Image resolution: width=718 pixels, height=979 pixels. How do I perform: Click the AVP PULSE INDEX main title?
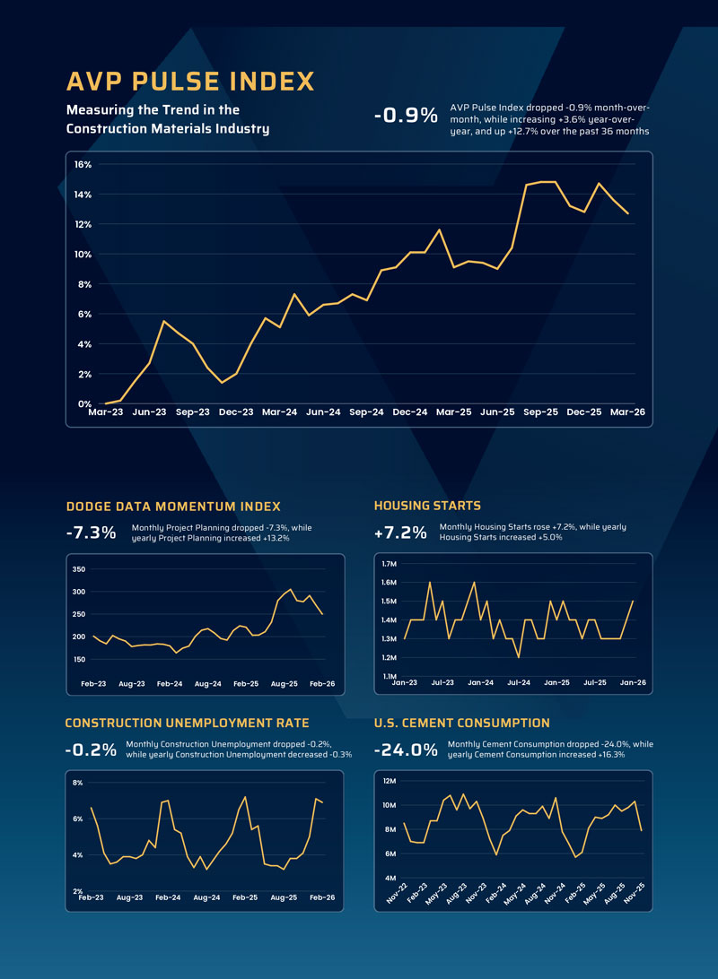point(190,82)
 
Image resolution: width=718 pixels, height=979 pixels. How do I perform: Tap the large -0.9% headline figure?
point(405,116)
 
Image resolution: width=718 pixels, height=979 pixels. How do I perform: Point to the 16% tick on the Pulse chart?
point(83,165)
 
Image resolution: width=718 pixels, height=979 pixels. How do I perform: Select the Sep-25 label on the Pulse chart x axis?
point(540,412)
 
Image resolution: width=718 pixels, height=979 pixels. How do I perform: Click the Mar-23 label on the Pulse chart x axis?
point(105,412)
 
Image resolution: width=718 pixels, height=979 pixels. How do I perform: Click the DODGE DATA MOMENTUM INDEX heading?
point(173,507)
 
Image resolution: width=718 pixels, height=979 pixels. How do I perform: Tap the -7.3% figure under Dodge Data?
point(91,533)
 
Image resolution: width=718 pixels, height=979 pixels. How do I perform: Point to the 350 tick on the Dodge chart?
point(78,569)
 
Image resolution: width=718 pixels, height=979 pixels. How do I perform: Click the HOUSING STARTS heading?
point(427,507)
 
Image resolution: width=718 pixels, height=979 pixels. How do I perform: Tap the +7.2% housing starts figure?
point(399,533)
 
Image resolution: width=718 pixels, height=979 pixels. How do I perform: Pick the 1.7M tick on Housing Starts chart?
point(389,564)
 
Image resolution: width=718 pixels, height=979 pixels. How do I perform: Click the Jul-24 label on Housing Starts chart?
point(519,683)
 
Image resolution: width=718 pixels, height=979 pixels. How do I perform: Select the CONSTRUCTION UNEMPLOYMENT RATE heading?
point(187,723)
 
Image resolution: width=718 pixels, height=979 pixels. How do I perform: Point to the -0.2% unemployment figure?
point(91,749)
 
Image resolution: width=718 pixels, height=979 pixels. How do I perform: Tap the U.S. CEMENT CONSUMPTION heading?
point(461,723)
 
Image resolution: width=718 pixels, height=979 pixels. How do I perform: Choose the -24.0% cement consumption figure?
point(406,749)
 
